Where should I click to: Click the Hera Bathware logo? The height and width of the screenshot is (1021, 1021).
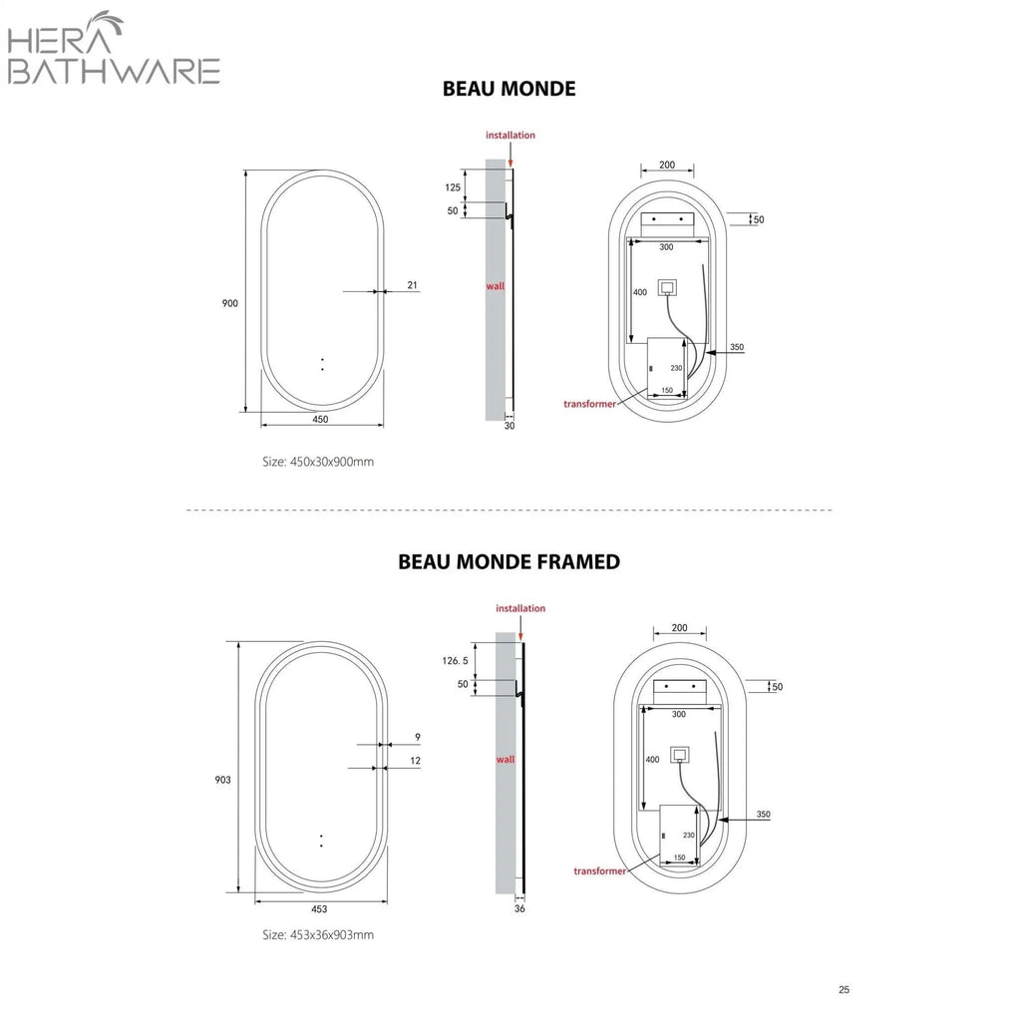114,48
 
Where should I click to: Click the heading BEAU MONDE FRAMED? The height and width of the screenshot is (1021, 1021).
510,562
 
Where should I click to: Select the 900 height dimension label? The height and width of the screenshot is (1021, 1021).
230,303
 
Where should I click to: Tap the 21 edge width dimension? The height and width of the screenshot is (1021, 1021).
412,285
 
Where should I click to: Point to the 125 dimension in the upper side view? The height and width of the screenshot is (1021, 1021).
453,187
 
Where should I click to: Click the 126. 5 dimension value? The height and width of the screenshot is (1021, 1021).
455,661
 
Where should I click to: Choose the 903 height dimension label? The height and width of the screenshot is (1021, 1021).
222,780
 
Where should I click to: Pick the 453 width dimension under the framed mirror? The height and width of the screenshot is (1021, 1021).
319,909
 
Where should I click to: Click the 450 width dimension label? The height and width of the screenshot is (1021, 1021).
320,420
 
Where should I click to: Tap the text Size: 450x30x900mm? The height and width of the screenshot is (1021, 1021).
318,462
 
